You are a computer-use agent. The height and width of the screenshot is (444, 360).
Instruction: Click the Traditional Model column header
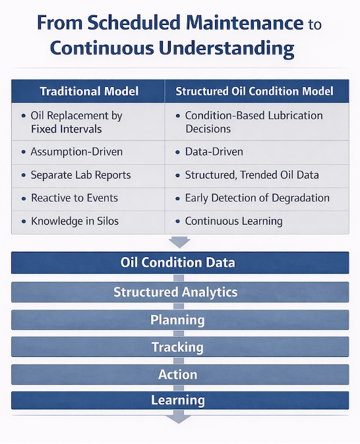(88, 91)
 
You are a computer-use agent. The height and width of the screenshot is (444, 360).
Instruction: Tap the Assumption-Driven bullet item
(76, 152)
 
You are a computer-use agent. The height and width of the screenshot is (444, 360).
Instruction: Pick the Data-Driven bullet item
(214, 152)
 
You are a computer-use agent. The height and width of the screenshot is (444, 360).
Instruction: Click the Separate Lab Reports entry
(80, 175)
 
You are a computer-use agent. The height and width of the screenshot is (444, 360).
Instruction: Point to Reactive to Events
(74, 198)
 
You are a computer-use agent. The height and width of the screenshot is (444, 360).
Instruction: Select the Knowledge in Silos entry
(75, 221)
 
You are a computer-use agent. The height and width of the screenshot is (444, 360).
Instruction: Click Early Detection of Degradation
(257, 198)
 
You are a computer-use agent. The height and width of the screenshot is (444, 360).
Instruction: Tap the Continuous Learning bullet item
(233, 221)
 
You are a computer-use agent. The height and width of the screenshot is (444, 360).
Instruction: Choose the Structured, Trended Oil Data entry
(252, 175)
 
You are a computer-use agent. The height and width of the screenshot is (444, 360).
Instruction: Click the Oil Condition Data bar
(179, 263)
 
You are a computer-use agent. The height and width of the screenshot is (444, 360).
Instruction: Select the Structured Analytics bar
(179, 292)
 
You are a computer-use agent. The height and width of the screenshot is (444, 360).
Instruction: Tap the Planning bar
(179, 320)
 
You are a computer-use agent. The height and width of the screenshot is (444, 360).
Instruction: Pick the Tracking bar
(179, 347)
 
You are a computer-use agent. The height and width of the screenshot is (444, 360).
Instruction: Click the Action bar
(179, 374)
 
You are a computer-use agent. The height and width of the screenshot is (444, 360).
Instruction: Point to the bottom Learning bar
(179, 400)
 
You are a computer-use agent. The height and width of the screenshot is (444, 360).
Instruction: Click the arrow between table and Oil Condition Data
(179, 241)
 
